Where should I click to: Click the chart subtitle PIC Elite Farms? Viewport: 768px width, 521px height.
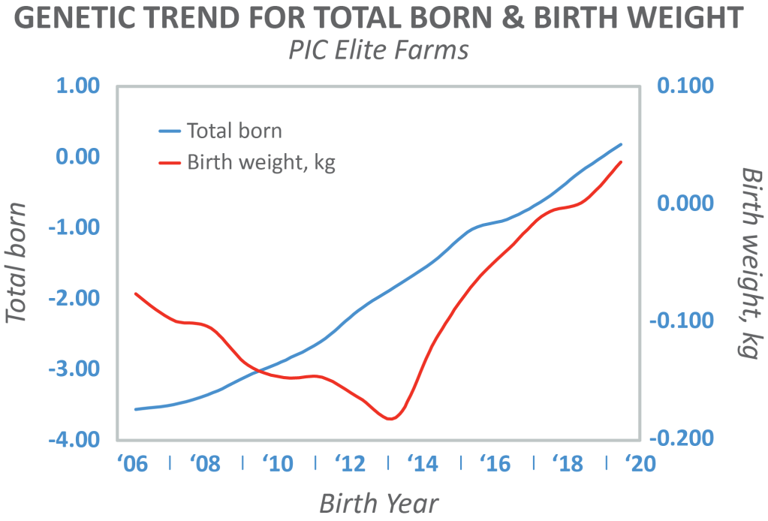[x=378, y=50]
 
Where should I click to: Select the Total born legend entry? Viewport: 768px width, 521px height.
[x=221, y=131]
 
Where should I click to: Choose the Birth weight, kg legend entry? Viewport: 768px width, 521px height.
[x=247, y=162]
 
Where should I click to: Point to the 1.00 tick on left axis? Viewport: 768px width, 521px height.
[x=78, y=86]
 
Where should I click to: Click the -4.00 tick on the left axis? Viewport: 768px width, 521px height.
[x=74, y=439]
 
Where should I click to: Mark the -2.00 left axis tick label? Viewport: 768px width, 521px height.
[x=74, y=298]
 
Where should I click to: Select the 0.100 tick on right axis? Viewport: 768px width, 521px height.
[x=685, y=86]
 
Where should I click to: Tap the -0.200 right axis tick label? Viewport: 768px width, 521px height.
[x=682, y=438]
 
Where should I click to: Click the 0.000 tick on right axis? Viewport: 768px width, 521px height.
[x=685, y=203]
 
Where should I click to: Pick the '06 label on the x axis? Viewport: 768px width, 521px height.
[x=132, y=463]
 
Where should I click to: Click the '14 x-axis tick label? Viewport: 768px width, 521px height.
[x=423, y=463]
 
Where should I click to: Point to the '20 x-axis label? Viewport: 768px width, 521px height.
[x=640, y=463]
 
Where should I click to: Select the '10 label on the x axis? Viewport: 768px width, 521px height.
[x=278, y=463]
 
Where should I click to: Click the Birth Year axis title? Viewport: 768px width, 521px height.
[x=379, y=504]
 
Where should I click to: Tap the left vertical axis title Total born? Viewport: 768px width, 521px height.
[x=17, y=263]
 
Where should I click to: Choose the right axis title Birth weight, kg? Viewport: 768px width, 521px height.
[x=751, y=264]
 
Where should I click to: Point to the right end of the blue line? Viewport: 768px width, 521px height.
[x=621, y=144]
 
